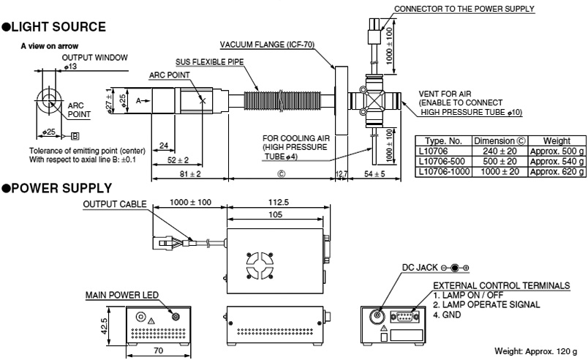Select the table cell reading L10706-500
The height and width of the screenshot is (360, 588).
click(x=442, y=161)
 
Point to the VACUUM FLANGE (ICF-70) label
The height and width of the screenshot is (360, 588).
click(x=267, y=44)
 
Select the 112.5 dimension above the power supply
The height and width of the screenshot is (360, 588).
click(x=276, y=205)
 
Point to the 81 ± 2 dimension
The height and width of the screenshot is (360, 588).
click(x=189, y=174)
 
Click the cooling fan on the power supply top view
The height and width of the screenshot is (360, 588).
click(x=259, y=267)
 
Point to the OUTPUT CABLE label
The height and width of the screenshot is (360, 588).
click(x=114, y=205)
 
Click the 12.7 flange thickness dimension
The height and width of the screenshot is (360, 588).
click(x=342, y=173)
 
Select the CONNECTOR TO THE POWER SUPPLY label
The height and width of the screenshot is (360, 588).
click(x=464, y=9)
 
